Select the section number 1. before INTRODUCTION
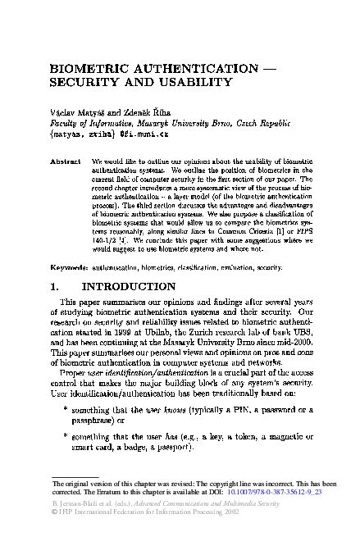(x=59, y=288)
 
